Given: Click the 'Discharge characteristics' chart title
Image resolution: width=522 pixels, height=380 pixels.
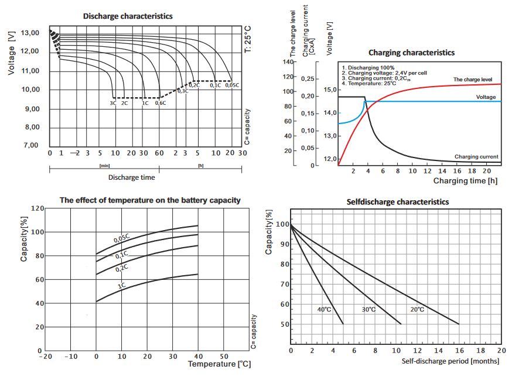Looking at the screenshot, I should pyautogui.click(x=128, y=16).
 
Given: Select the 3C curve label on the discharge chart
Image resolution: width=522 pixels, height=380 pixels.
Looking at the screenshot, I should pyautogui.click(x=113, y=103).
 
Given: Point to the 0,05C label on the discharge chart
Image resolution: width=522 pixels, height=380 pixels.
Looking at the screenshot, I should pyautogui.click(x=233, y=85).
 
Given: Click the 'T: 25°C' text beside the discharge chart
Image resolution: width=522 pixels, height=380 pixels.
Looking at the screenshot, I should pyautogui.click(x=247, y=39).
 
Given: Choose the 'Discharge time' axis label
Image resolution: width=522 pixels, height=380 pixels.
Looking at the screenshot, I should pyautogui.click(x=132, y=177).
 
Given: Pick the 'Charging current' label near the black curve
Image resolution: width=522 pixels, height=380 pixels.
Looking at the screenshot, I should pyautogui.click(x=476, y=156).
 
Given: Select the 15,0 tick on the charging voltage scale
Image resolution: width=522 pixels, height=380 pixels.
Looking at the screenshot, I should pyautogui.click(x=330, y=90).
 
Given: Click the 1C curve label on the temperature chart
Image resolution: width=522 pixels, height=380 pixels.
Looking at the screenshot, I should pyautogui.click(x=122, y=286).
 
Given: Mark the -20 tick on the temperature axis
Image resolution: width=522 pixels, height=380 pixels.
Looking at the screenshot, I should pyautogui.click(x=45, y=356).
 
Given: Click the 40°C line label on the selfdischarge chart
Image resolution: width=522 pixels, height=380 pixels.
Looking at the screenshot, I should pyautogui.click(x=325, y=309).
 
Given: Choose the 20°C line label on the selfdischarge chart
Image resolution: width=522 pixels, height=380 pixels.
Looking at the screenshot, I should pyautogui.click(x=417, y=309).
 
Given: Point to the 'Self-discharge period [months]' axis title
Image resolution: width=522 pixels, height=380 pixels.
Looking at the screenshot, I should pyautogui.click(x=451, y=361).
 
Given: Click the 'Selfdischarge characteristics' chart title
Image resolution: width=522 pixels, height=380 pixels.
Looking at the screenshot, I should pyautogui.click(x=398, y=202).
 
